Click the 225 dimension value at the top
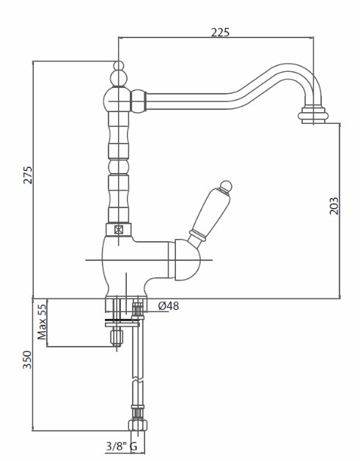pyautogui.click(x=220, y=32)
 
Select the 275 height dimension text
pyautogui.click(x=28, y=175)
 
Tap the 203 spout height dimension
pyautogui.click(x=334, y=206)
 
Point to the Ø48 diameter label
pyautogui.click(x=169, y=306)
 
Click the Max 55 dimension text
pyautogui.click(x=42, y=322)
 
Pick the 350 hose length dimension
pyautogui.click(x=27, y=360)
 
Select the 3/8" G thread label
pyautogui.click(x=122, y=446)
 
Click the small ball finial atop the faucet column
pyautogui.click(x=119, y=65)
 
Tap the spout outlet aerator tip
pyautogui.click(x=312, y=116)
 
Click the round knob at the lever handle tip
pyautogui.click(x=226, y=186)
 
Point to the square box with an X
pyautogui.click(x=118, y=229)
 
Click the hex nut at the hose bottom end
pyautogui.click(x=138, y=425)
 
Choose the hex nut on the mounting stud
pyautogui.click(x=117, y=337)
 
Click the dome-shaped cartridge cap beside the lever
pyautogui.click(x=188, y=260)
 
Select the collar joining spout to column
pyautogui.click(x=139, y=101)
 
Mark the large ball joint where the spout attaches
pyautogui.click(x=117, y=100)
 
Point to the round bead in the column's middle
pyautogui.click(x=118, y=166)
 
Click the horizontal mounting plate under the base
pyautogui.click(x=122, y=325)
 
